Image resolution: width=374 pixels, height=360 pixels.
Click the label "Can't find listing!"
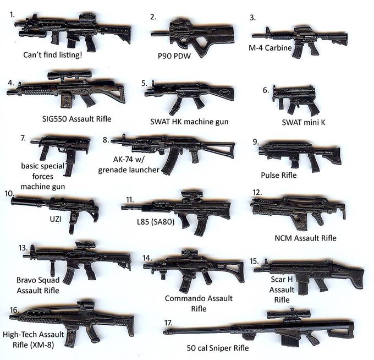pos(54,55)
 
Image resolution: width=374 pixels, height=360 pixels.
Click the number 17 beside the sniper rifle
pos(168,321)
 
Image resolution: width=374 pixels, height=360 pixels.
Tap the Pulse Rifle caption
pos(278,175)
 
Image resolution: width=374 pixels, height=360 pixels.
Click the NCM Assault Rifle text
pos(305,238)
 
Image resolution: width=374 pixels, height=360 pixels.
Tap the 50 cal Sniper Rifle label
pos(217,348)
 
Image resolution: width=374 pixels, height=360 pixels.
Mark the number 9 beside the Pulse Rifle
pos(256,141)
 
